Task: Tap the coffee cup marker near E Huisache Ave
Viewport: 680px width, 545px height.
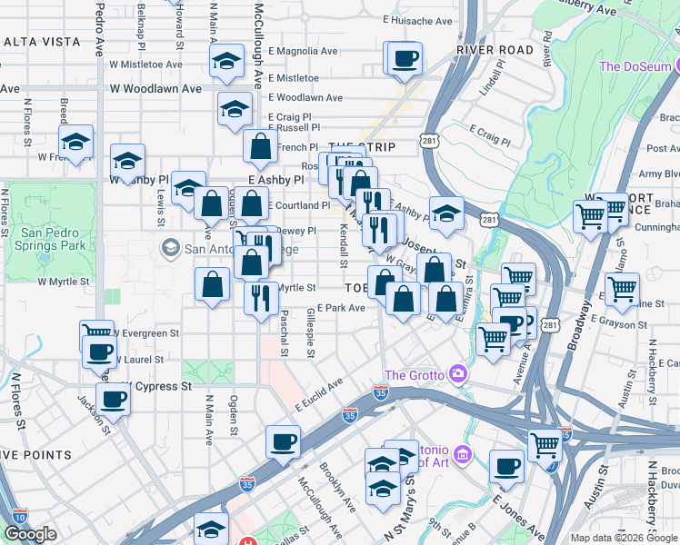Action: tap(404, 61)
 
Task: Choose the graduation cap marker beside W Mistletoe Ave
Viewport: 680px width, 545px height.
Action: tap(224, 63)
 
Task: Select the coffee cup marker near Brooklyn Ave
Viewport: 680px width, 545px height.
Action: tap(282, 442)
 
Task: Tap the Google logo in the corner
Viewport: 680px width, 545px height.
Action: tap(30, 535)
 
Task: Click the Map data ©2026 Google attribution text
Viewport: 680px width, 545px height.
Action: tap(623, 538)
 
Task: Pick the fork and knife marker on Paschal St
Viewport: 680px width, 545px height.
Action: tap(262, 296)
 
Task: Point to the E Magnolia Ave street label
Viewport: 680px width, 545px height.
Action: tap(303, 52)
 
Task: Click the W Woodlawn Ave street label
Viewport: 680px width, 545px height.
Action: tap(155, 89)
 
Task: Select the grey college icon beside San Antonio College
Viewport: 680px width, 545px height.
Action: tap(170, 248)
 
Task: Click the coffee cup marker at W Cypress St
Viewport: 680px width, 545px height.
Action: tap(114, 399)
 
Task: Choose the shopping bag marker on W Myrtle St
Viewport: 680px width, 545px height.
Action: tap(212, 284)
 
